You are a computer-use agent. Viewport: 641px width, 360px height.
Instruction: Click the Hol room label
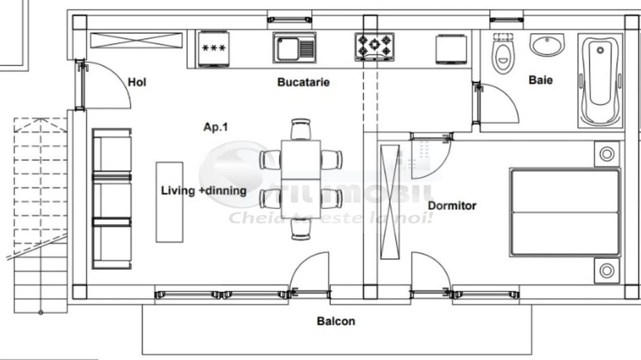(x=137, y=83)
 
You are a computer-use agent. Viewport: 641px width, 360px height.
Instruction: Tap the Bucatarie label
(x=303, y=83)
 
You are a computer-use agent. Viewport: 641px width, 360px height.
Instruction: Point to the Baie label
(x=541, y=80)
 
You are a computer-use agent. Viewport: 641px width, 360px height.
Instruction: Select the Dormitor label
(x=452, y=205)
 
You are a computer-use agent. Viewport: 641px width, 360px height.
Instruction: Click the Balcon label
(x=336, y=321)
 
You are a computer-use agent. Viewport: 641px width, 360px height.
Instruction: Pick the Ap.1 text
(x=215, y=126)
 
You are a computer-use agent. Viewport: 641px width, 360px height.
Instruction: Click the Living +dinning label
(x=204, y=191)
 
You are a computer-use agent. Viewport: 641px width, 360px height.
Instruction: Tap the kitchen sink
(x=295, y=48)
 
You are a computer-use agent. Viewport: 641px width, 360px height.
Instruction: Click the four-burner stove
(x=374, y=46)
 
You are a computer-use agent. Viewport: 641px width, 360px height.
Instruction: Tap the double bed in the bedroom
(x=564, y=212)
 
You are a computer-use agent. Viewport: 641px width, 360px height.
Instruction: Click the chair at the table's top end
(x=301, y=129)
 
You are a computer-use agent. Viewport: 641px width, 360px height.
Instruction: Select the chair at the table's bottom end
(x=301, y=229)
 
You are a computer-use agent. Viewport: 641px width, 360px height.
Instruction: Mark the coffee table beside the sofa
(x=169, y=202)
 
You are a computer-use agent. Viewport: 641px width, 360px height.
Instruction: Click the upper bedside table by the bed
(x=606, y=154)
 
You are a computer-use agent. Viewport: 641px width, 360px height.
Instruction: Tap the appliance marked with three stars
(x=213, y=48)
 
